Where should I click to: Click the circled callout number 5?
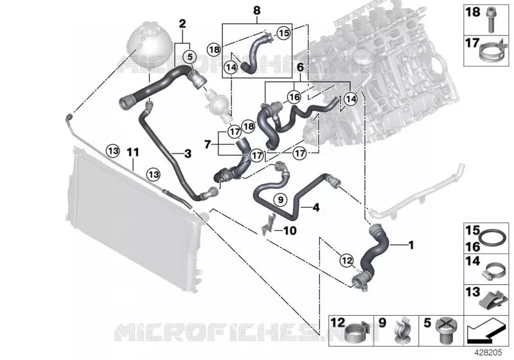(x=190, y=57)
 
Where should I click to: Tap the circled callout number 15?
(x=284, y=33)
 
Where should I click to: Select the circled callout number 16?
(x=294, y=96)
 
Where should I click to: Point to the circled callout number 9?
(x=280, y=199)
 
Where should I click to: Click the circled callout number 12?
(x=347, y=260)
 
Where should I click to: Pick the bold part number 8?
(x=257, y=10)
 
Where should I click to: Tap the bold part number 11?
(x=133, y=152)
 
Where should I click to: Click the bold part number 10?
(x=290, y=231)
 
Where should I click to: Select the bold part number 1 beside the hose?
(x=411, y=245)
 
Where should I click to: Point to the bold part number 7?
(x=207, y=144)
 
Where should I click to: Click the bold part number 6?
(x=300, y=67)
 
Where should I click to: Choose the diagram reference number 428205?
(x=488, y=352)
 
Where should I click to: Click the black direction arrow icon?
(x=485, y=331)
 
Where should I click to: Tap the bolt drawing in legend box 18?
(x=491, y=20)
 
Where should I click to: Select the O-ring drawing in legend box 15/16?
(x=492, y=237)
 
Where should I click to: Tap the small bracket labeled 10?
(x=268, y=224)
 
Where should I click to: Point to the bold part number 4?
(x=316, y=207)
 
